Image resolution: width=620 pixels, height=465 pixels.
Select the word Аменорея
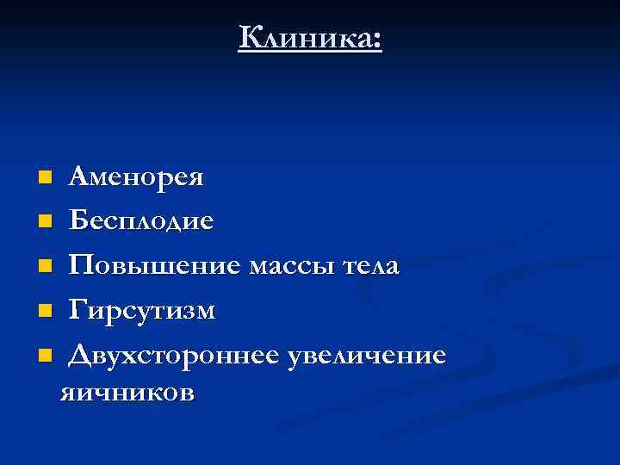[x=137, y=178]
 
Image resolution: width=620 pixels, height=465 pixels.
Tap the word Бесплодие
[x=142, y=222]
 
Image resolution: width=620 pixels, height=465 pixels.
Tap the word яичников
[x=126, y=393]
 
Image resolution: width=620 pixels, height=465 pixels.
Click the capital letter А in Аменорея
[x=79, y=177]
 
